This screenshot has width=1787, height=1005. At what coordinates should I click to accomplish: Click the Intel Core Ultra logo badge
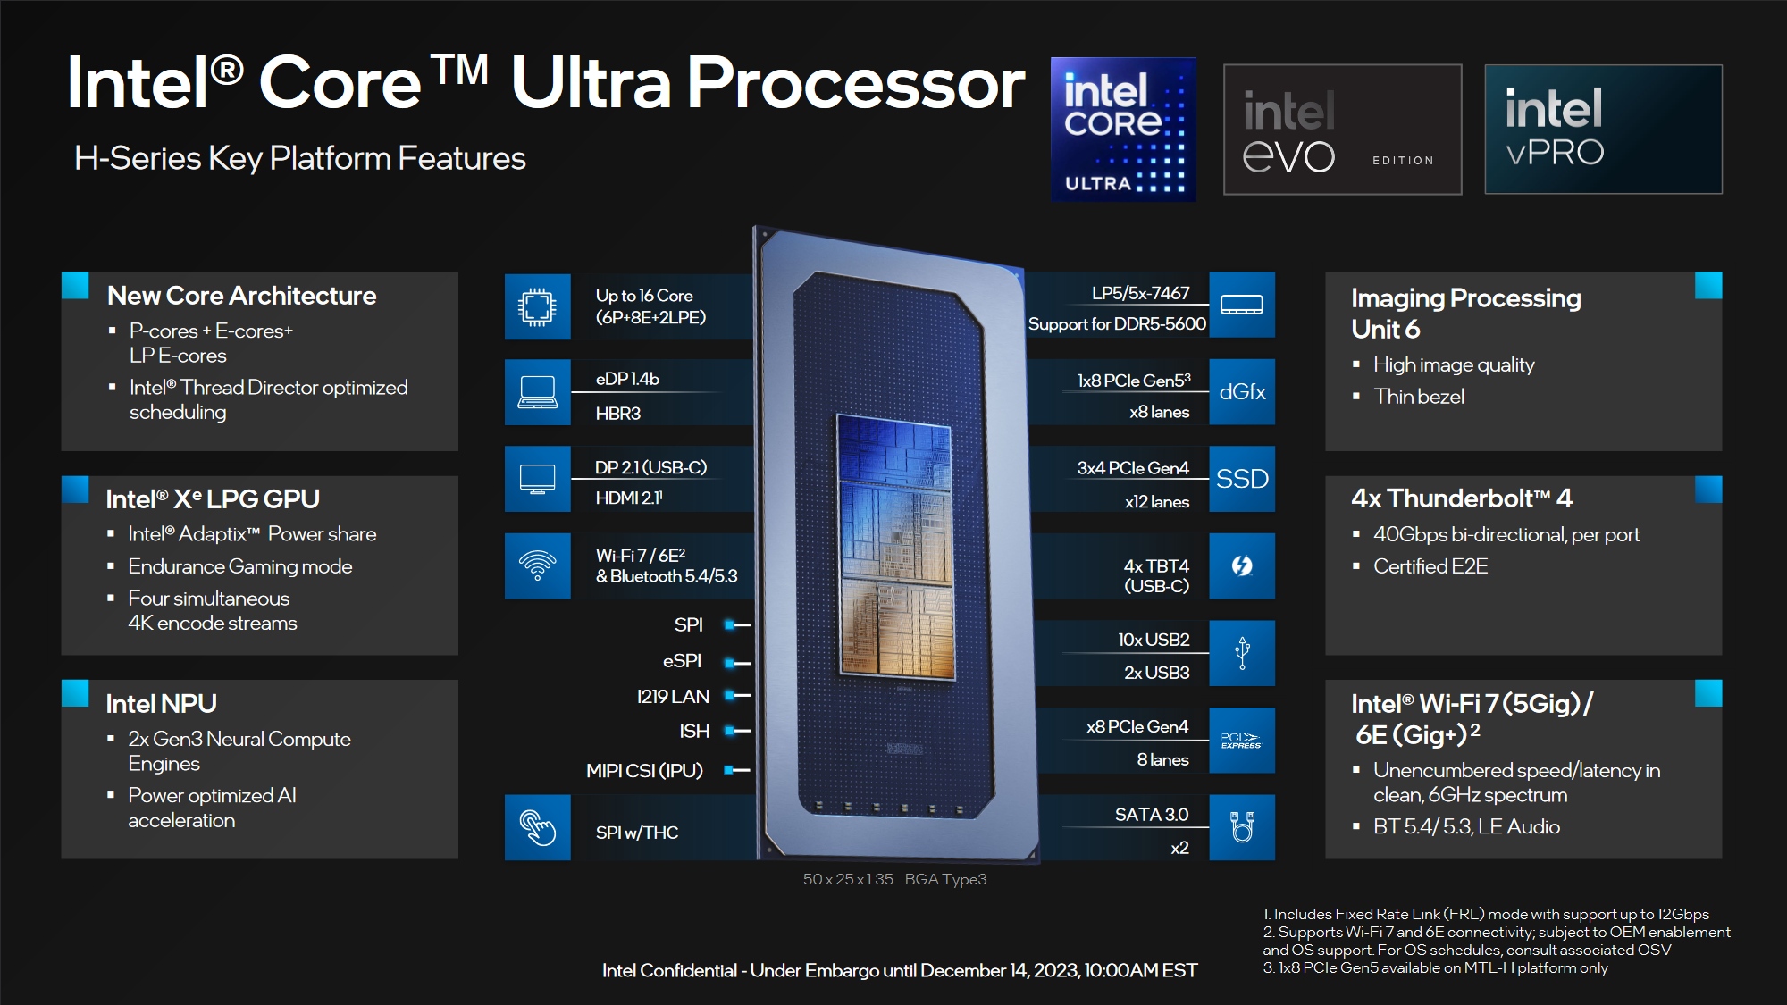coord(1123,130)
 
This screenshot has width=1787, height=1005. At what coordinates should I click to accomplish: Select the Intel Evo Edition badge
coord(1342,130)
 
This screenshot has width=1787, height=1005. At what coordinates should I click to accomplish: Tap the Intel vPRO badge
coord(1603,130)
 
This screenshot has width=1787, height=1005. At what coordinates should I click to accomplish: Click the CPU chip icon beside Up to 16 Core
coord(537,306)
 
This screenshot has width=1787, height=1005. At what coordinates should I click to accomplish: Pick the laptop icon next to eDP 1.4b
coord(537,392)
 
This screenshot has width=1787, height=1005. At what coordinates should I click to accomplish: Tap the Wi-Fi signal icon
coord(537,565)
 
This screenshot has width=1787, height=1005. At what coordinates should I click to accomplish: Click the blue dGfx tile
coord(1242,392)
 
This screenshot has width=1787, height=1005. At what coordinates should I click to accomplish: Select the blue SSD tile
coord(1242,479)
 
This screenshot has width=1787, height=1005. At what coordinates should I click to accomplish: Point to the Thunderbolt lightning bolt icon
coord(1242,565)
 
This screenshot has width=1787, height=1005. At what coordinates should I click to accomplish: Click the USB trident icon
coord(1242,653)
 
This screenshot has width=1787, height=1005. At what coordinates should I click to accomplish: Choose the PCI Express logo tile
coord(1242,741)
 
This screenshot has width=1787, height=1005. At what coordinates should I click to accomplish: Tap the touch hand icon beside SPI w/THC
coord(537,827)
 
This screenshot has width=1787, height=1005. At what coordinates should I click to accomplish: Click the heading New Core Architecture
coord(241,296)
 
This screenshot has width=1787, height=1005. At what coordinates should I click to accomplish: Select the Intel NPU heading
coord(161,704)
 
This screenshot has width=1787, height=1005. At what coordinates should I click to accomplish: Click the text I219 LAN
coord(673,697)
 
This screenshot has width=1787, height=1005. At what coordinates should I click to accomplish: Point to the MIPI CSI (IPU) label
coord(644,770)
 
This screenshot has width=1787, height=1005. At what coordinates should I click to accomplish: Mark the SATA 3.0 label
coord(1151,815)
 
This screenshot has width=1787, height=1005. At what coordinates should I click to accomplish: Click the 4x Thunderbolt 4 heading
coord(1462,498)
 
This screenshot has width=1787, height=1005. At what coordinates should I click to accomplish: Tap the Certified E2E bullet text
coord(1430,566)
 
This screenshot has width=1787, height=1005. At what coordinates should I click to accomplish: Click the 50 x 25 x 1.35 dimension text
coord(848,879)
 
